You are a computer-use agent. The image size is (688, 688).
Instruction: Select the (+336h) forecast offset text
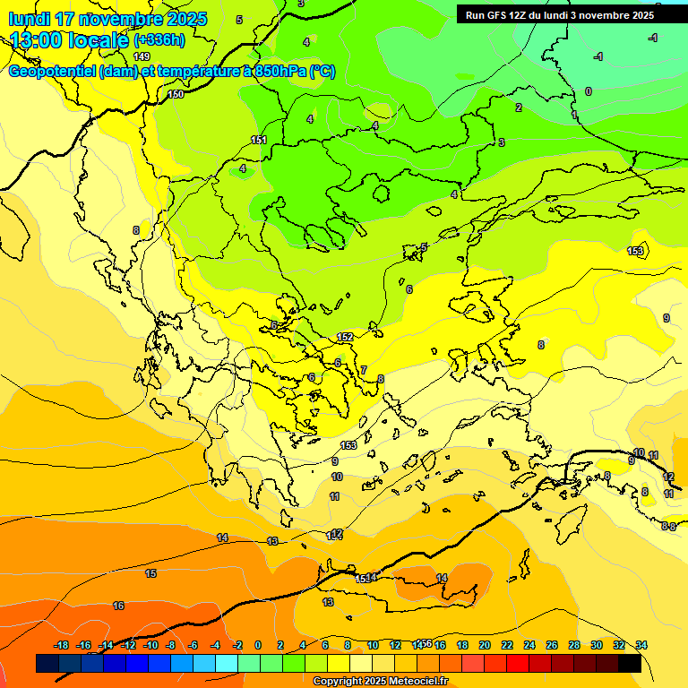click(x=159, y=40)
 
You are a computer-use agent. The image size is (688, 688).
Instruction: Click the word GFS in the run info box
click(x=498, y=15)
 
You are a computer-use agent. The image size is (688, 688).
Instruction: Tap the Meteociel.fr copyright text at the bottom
click(x=380, y=682)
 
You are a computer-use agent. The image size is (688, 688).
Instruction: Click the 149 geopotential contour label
click(x=142, y=56)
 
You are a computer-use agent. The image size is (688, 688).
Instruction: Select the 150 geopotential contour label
click(x=176, y=94)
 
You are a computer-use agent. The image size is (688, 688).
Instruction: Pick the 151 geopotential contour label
click(x=259, y=140)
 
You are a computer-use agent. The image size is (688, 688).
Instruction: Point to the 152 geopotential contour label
click(x=345, y=337)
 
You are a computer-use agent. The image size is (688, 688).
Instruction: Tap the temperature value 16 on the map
click(x=118, y=606)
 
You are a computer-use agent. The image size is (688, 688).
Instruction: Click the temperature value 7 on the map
click(x=364, y=370)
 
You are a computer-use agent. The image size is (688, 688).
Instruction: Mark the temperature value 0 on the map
click(x=589, y=91)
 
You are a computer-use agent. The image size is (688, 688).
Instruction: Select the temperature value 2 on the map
click(x=518, y=107)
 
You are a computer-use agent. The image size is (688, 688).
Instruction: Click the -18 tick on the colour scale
click(x=61, y=646)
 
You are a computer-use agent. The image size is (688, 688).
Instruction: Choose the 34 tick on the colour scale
click(x=641, y=646)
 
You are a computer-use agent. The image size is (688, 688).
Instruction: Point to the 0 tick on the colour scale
click(x=258, y=646)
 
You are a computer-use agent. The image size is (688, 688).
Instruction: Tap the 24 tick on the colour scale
click(x=529, y=646)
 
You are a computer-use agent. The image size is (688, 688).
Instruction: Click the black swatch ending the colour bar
click(x=630, y=664)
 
